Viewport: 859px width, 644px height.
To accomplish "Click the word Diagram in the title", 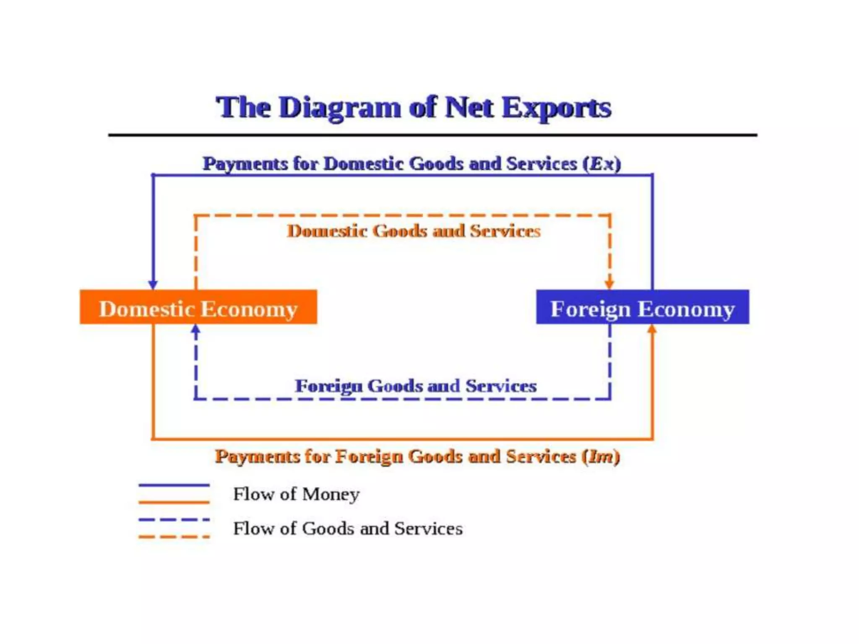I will click(340, 107).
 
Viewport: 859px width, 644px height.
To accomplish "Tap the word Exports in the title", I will click(556, 108).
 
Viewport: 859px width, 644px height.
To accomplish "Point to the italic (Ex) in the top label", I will click(601, 164).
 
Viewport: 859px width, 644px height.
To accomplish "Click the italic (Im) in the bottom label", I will click(601, 456).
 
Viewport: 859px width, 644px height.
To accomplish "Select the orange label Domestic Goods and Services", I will click(414, 231).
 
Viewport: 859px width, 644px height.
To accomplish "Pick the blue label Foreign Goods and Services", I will click(415, 386).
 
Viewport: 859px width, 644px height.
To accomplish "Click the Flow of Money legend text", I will click(296, 494).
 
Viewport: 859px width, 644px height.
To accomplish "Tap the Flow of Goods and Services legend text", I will click(348, 528).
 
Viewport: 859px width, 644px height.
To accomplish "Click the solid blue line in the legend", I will click(174, 485).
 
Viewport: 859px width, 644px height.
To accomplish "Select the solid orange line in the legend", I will click(174, 502).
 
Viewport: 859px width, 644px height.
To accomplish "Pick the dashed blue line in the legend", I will click(174, 519).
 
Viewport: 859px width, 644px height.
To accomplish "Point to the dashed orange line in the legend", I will click(174, 537).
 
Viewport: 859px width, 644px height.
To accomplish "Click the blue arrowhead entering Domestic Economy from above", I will click(153, 284).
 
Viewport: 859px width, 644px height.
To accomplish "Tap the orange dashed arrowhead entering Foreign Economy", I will click(609, 284).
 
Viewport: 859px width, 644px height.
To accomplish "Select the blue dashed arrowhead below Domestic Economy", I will click(195, 330).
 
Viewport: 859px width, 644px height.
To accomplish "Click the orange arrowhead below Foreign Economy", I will click(652, 330).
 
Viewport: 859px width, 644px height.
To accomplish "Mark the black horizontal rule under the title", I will click(432, 135).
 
